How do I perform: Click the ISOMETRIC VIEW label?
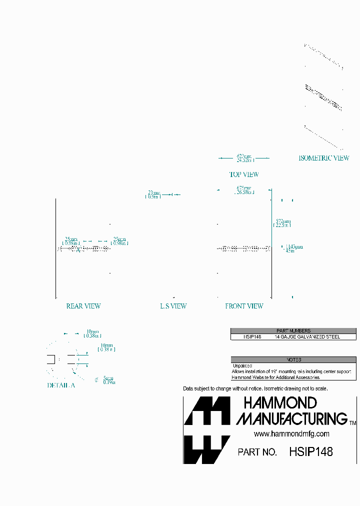pyautogui.click(x=323, y=158)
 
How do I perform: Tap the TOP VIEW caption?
pyautogui.click(x=244, y=174)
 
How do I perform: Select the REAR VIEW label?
pyautogui.click(x=83, y=306)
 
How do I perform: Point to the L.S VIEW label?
pyautogui.click(x=173, y=306)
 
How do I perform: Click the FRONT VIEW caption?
pyautogui.click(x=244, y=306)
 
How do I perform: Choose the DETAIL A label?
pyautogui.click(x=61, y=385)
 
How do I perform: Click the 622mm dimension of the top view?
pyautogui.click(x=244, y=158)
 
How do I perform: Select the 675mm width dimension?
pyautogui.click(x=244, y=190)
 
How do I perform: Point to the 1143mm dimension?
pyautogui.click(x=293, y=248)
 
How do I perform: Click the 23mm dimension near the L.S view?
pyautogui.click(x=153, y=194)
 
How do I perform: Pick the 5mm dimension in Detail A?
pyautogui.click(x=108, y=380)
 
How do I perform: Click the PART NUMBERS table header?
pyautogui.click(x=293, y=330)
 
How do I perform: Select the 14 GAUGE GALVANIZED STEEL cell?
pyautogui.click(x=307, y=337)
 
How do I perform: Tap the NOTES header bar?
pyautogui.click(x=293, y=359)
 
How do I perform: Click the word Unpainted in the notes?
pyautogui.click(x=242, y=366)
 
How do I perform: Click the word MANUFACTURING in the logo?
pyautogui.click(x=291, y=418)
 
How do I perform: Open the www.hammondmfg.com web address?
pyautogui.click(x=291, y=434)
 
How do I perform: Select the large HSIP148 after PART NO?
pyautogui.click(x=310, y=451)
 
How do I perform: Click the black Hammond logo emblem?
pyautogui.click(x=206, y=430)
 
